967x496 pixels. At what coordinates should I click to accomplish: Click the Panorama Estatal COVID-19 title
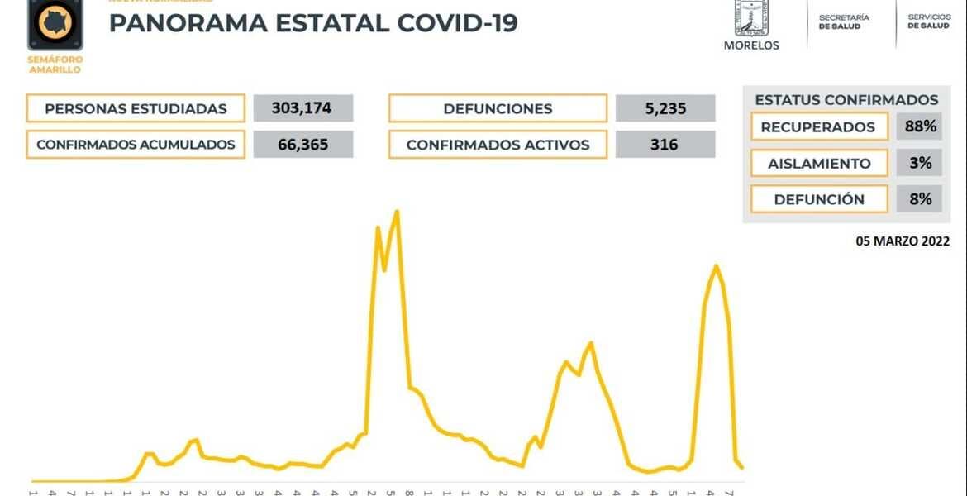click(313, 23)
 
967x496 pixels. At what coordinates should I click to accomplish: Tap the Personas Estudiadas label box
click(136, 108)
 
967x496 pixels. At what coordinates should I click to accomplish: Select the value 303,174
click(303, 108)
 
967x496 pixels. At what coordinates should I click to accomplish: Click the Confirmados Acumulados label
click(136, 145)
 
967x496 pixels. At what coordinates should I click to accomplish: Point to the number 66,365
click(303, 145)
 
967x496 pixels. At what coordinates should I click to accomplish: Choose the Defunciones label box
click(498, 108)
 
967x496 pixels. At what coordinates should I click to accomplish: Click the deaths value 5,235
click(665, 108)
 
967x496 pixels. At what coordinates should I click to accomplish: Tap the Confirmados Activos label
click(498, 145)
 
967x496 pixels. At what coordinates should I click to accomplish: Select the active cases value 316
click(665, 145)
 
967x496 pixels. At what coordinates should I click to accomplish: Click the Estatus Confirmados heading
click(846, 100)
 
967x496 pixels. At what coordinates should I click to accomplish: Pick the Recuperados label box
click(818, 127)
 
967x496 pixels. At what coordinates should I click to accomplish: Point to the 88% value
click(920, 127)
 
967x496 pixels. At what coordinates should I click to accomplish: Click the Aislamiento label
click(818, 164)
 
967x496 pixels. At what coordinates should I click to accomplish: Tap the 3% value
click(920, 164)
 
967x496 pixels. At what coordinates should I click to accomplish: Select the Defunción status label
click(818, 199)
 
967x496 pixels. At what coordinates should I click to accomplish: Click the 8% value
click(920, 199)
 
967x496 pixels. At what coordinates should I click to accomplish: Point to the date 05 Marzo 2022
click(903, 241)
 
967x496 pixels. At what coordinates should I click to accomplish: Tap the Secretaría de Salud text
click(844, 21)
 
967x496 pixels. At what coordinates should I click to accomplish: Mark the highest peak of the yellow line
click(398, 212)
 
